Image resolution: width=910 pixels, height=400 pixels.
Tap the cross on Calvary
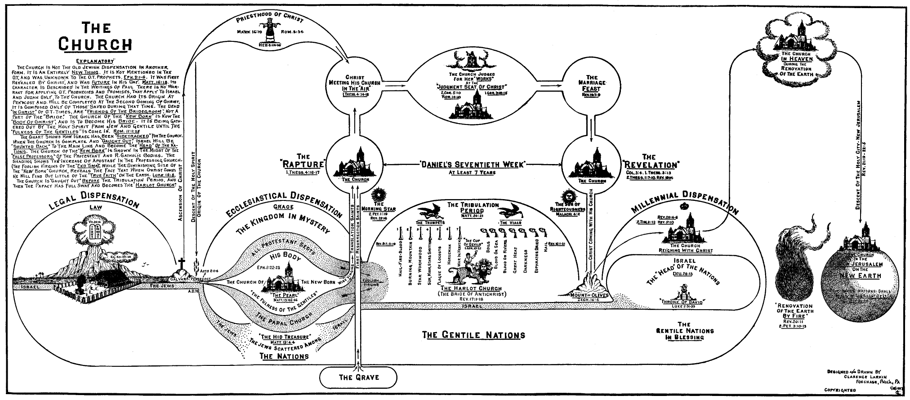pyautogui.click(x=182, y=264)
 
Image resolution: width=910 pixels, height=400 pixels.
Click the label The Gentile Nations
pyautogui.click(x=474, y=334)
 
